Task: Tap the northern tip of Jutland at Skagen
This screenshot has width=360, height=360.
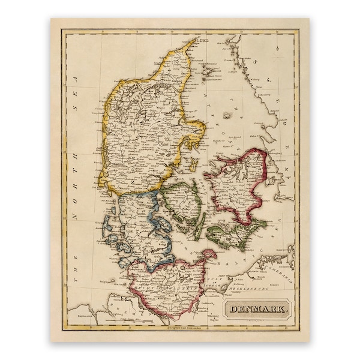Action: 195,40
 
